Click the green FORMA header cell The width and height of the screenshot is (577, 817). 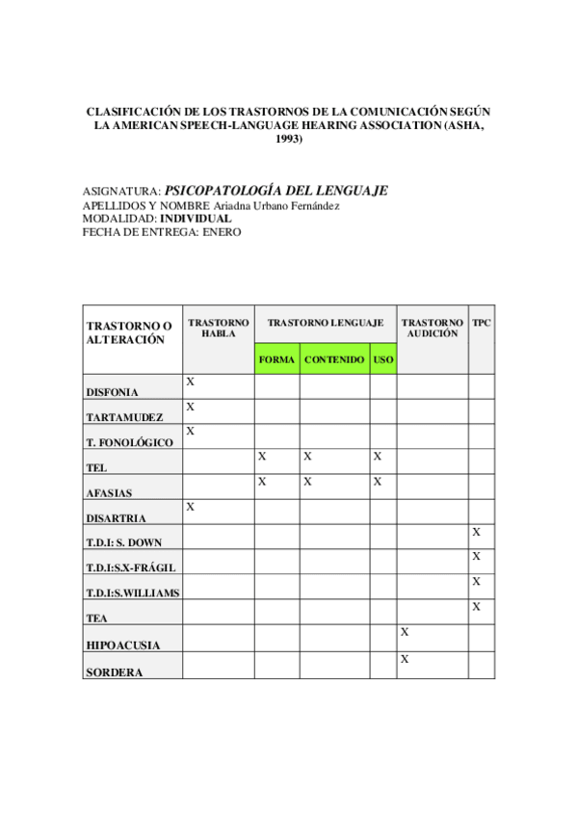pyautogui.click(x=276, y=359)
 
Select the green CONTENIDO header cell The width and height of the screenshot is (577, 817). pyautogui.click(x=333, y=359)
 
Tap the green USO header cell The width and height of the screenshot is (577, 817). pyautogui.click(x=382, y=359)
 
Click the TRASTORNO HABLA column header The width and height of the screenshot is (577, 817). pyautogui.click(x=218, y=328)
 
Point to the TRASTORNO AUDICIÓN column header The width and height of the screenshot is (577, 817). pyautogui.click(x=432, y=328)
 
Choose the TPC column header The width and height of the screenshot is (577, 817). pyautogui.click(x=482, y=323)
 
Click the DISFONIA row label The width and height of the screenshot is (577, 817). pyautogui.click(x=113, y=392)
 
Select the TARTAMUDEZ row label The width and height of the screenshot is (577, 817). pyautogui.click(x=124, y=417)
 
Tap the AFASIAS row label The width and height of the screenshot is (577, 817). pyautogui.click(x=109, y=492)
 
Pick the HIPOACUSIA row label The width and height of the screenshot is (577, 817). pyautogui.click(x=123, y=645)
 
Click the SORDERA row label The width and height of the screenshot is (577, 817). pyautogui.click(x=114, y=672)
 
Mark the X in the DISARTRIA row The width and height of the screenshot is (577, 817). pyautogui.click(x=191, y=507)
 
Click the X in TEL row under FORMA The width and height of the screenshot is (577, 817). pyautogui.click(x=262, y=456)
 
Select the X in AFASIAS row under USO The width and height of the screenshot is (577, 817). pyautogui.click(x=378, y=481)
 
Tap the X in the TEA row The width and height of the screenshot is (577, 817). pyautogui.click(x=476, y=607)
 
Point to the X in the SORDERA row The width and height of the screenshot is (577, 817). pyautogui.click(x=405, y=659)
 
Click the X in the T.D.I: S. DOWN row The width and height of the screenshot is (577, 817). pyautogui.click(x=476, y=532)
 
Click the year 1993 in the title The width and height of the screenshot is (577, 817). pyautogui.click(x=288, y=139)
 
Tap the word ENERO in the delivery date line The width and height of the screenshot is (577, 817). pyautogui.click(x=222, y=232)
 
